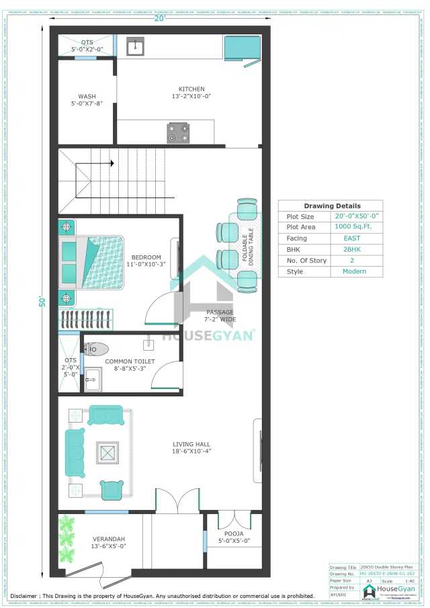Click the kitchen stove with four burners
pyautogui.click(x=178, y=133)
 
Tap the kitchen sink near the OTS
pyautogui.click(x=136, y=46)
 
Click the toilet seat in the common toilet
pyautogui.click(x=97, y=349)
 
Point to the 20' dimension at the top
pyautogui.click(x=159, y=18)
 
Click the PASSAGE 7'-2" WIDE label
pyautogui.click(x=220, y=316)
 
